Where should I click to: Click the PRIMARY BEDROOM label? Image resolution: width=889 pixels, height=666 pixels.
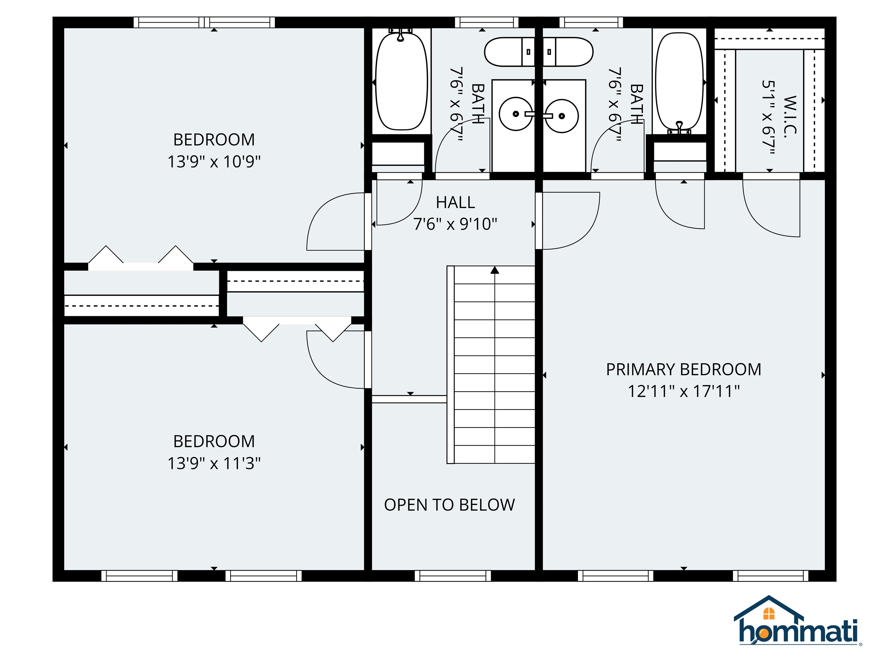[x=683, y=369]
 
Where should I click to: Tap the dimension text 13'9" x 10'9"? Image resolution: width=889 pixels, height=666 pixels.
[x=214, y=162]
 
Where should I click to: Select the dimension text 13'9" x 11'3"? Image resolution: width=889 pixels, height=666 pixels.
[x=214, y=463]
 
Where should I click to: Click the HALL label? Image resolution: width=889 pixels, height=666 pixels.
[x=455, y=202]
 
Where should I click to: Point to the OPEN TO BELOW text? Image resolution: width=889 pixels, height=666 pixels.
[x=449, y=505]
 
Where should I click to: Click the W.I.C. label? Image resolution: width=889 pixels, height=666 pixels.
[x=790, y=116]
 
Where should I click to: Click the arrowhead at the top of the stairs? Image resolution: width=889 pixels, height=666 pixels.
[x=495, y=270]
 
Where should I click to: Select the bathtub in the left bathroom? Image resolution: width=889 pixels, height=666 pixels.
[x=401, y=82]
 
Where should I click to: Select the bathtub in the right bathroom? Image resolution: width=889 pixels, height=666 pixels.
[x=679, y=82]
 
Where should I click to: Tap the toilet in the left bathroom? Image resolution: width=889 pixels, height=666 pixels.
[x=509, y=52]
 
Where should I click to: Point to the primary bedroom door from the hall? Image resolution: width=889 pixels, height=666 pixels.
[x=569, y=221]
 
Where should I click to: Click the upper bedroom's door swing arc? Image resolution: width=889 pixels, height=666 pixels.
[x=334, y=221]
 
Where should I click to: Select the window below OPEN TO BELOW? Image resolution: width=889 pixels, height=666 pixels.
[x=453, y=576]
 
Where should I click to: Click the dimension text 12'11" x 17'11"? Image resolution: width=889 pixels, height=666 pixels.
[x=683, y=391]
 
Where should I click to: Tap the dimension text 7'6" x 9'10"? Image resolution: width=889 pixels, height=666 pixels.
[x=455, y=224]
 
